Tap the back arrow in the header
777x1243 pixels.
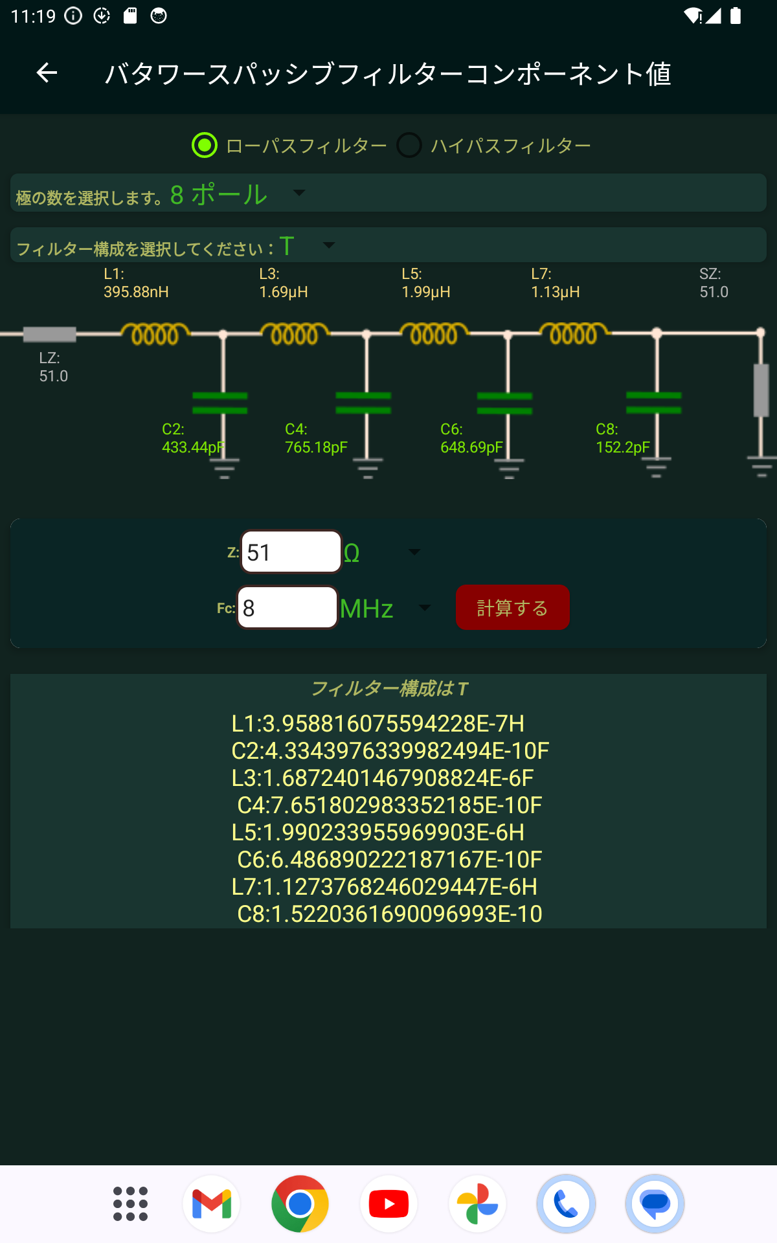pyautogui.click(x=47, y=73)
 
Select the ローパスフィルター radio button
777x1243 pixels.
pyautogui.click(x=205, y=145)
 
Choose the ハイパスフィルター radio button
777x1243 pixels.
pyautogui.click(x=409, y=145)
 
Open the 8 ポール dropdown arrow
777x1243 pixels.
pyautogui.click(x=298, y=193)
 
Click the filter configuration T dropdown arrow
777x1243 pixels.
pyautogui.click(x=329, y=245)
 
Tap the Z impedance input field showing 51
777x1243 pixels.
pyautogui.click(x=291, y=552)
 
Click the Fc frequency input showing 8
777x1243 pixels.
pyautogui.click(x=287, y=607)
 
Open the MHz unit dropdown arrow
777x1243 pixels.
pyautogui.click(x=425, y=607)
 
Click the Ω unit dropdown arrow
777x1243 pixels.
pyautogui.click(x=414, y=552)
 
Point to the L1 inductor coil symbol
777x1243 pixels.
pyautogui.click(x=155, y=333)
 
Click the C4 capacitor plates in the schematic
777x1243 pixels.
pyautogui.click(x=363, y=403)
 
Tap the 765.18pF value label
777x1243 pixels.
pyautogui.click(x=316, y=447)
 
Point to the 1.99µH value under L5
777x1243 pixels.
pyautogui.click(x=426, y=292)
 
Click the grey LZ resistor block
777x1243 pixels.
pyautogui.click(x=50, y=334)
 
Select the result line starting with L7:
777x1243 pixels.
pyautogui.click(x=385, y=886)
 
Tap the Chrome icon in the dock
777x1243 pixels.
pyautogui.click(x=300, y=1204)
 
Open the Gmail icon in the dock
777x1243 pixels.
pyautogui.click(x=212, y=1204)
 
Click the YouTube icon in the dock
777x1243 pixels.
pyautogui.click(x=388, y=1204)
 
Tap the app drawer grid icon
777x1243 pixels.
pyautogui.click(x=130, y=1204)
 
